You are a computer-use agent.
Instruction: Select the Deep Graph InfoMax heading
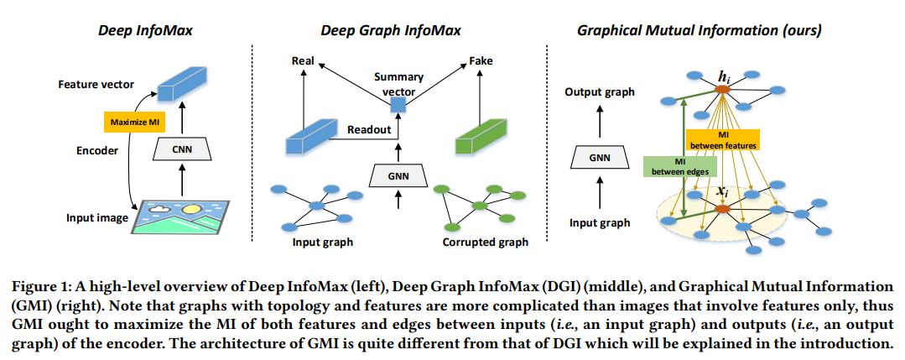click(391, 31)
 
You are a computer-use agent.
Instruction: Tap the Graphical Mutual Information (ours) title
click(699, 31)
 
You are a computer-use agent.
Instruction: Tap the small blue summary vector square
click(399, 103)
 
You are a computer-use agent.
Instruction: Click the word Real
click(302, 61)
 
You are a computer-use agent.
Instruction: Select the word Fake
click(481, 61)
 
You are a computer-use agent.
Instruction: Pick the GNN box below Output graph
click(599, 156)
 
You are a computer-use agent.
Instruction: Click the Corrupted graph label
click(485, 243)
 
